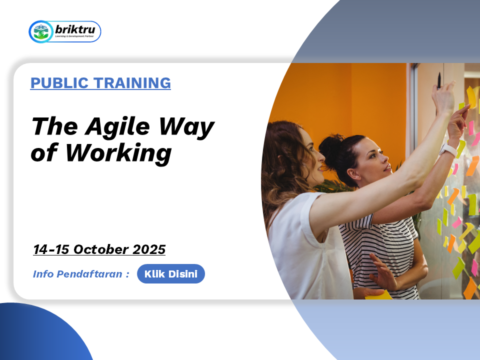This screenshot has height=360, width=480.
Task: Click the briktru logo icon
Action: click(x=40, y=31)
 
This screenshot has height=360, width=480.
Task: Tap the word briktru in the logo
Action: click(x=75, y=29)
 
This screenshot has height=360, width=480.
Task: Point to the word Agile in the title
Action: click(x=117, y=126)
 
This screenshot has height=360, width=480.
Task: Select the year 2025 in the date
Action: click(x=149, y=249)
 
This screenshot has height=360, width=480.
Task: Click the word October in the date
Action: click(x=100, y=249)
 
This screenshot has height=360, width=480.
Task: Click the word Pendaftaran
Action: click(x=89, y=274)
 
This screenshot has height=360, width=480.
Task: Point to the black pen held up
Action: click(x=439, y=80)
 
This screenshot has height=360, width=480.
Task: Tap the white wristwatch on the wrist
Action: click(x=448, y=150)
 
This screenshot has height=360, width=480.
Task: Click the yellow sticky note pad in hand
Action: click(x=378, y=295)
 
